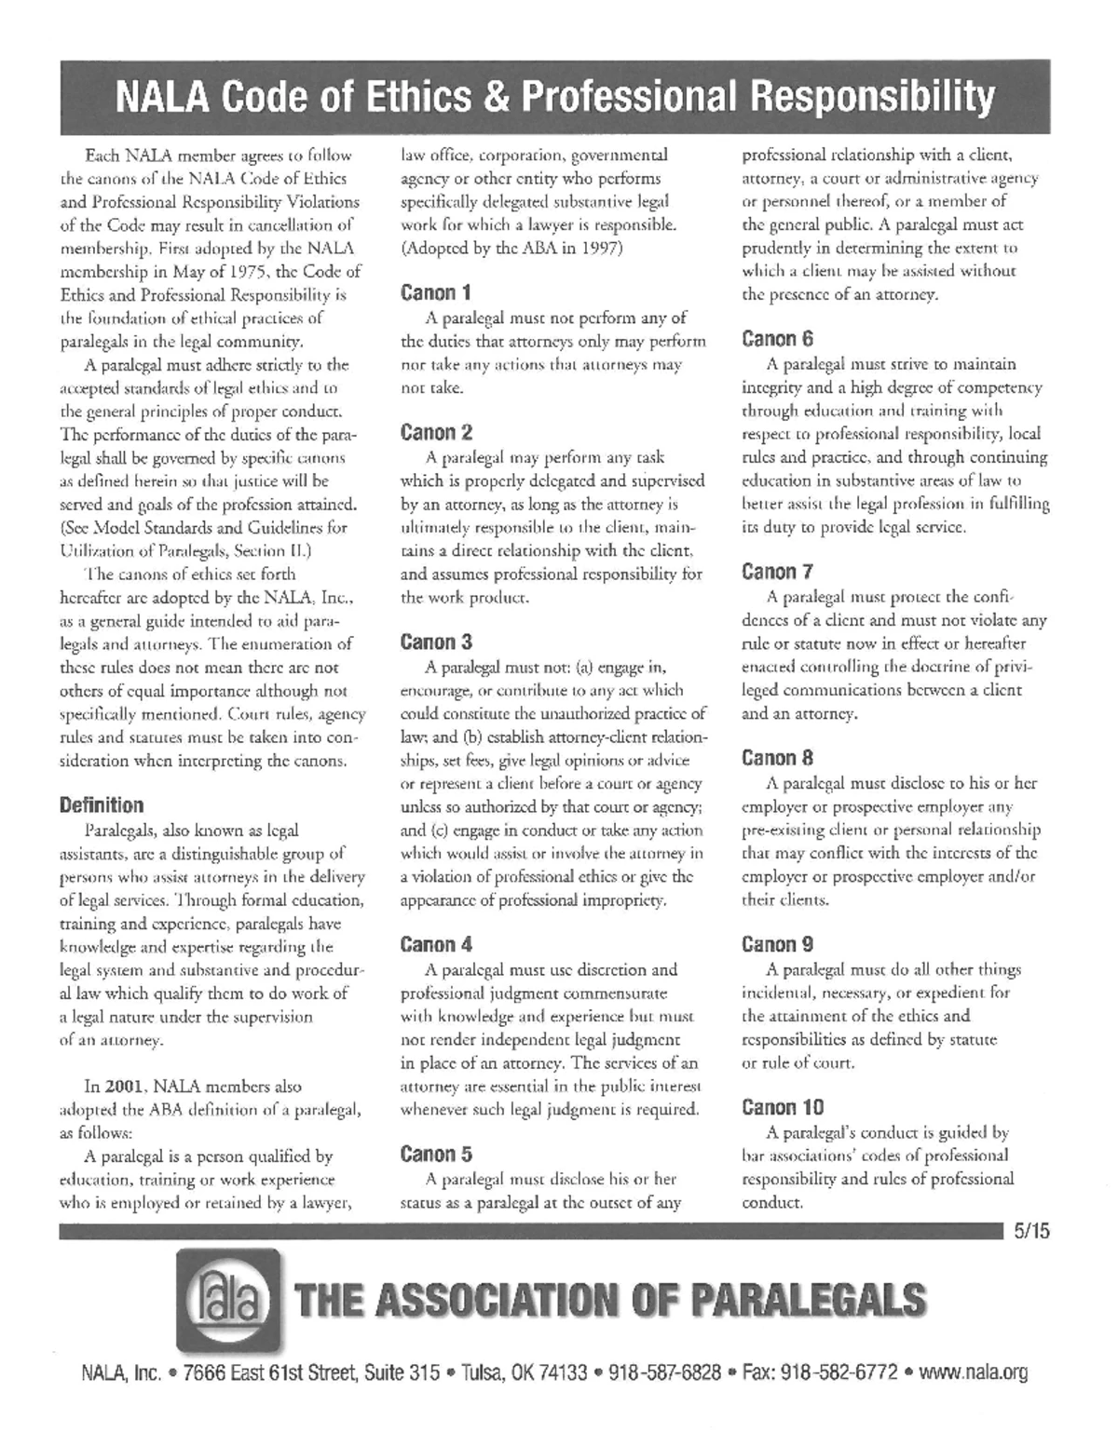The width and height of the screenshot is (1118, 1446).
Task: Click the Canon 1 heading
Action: [435, 292]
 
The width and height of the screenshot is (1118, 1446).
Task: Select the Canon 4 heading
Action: [436, 944]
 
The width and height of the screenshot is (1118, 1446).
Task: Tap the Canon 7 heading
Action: [777, 571]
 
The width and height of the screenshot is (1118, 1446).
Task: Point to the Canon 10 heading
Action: [783, 1107]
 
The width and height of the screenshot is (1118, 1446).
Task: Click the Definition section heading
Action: [102, 804]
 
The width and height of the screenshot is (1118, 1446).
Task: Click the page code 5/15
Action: [1032, 1231]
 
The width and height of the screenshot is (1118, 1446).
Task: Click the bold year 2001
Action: [124, 1086]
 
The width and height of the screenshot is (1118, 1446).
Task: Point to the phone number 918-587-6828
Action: [664, 1372]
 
